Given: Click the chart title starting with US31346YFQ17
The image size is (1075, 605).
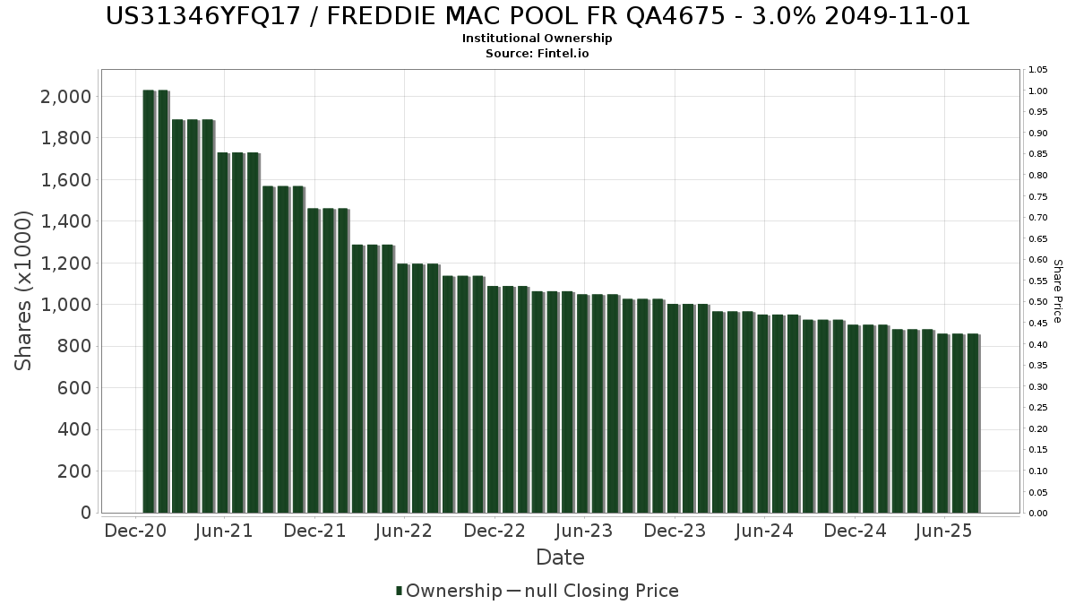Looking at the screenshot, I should click(537, 16).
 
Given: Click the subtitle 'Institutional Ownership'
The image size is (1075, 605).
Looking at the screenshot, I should click(537, 39).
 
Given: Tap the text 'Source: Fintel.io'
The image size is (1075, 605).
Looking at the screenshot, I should click(537, 53).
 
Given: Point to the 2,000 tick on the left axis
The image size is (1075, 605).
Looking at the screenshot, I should click(65, 97).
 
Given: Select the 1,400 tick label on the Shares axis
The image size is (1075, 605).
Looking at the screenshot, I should click(65, 221).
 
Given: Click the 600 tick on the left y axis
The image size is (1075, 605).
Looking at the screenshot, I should click(73, 388).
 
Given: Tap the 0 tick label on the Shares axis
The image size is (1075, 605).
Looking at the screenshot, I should click(85, 513).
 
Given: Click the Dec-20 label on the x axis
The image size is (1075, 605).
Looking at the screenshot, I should click(135, 531).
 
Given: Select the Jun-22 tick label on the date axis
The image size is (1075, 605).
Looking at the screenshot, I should click(405, 531).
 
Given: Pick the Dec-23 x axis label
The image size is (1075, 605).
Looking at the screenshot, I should click(675, 531).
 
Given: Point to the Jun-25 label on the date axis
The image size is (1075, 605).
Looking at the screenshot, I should click(944, 531).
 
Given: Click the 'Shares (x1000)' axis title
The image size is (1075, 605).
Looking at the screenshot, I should click(24, 290).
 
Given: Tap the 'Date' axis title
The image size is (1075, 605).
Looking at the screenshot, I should click(560, 557).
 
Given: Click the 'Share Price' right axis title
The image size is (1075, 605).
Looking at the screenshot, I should click(1057, 290).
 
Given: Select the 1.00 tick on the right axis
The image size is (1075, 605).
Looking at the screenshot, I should click(1038, 91).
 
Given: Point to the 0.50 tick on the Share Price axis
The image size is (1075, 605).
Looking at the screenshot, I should click(1038, 302).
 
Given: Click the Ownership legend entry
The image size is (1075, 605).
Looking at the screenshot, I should click(449, 591).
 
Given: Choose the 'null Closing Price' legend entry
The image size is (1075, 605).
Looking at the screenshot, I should click(592, 591).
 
